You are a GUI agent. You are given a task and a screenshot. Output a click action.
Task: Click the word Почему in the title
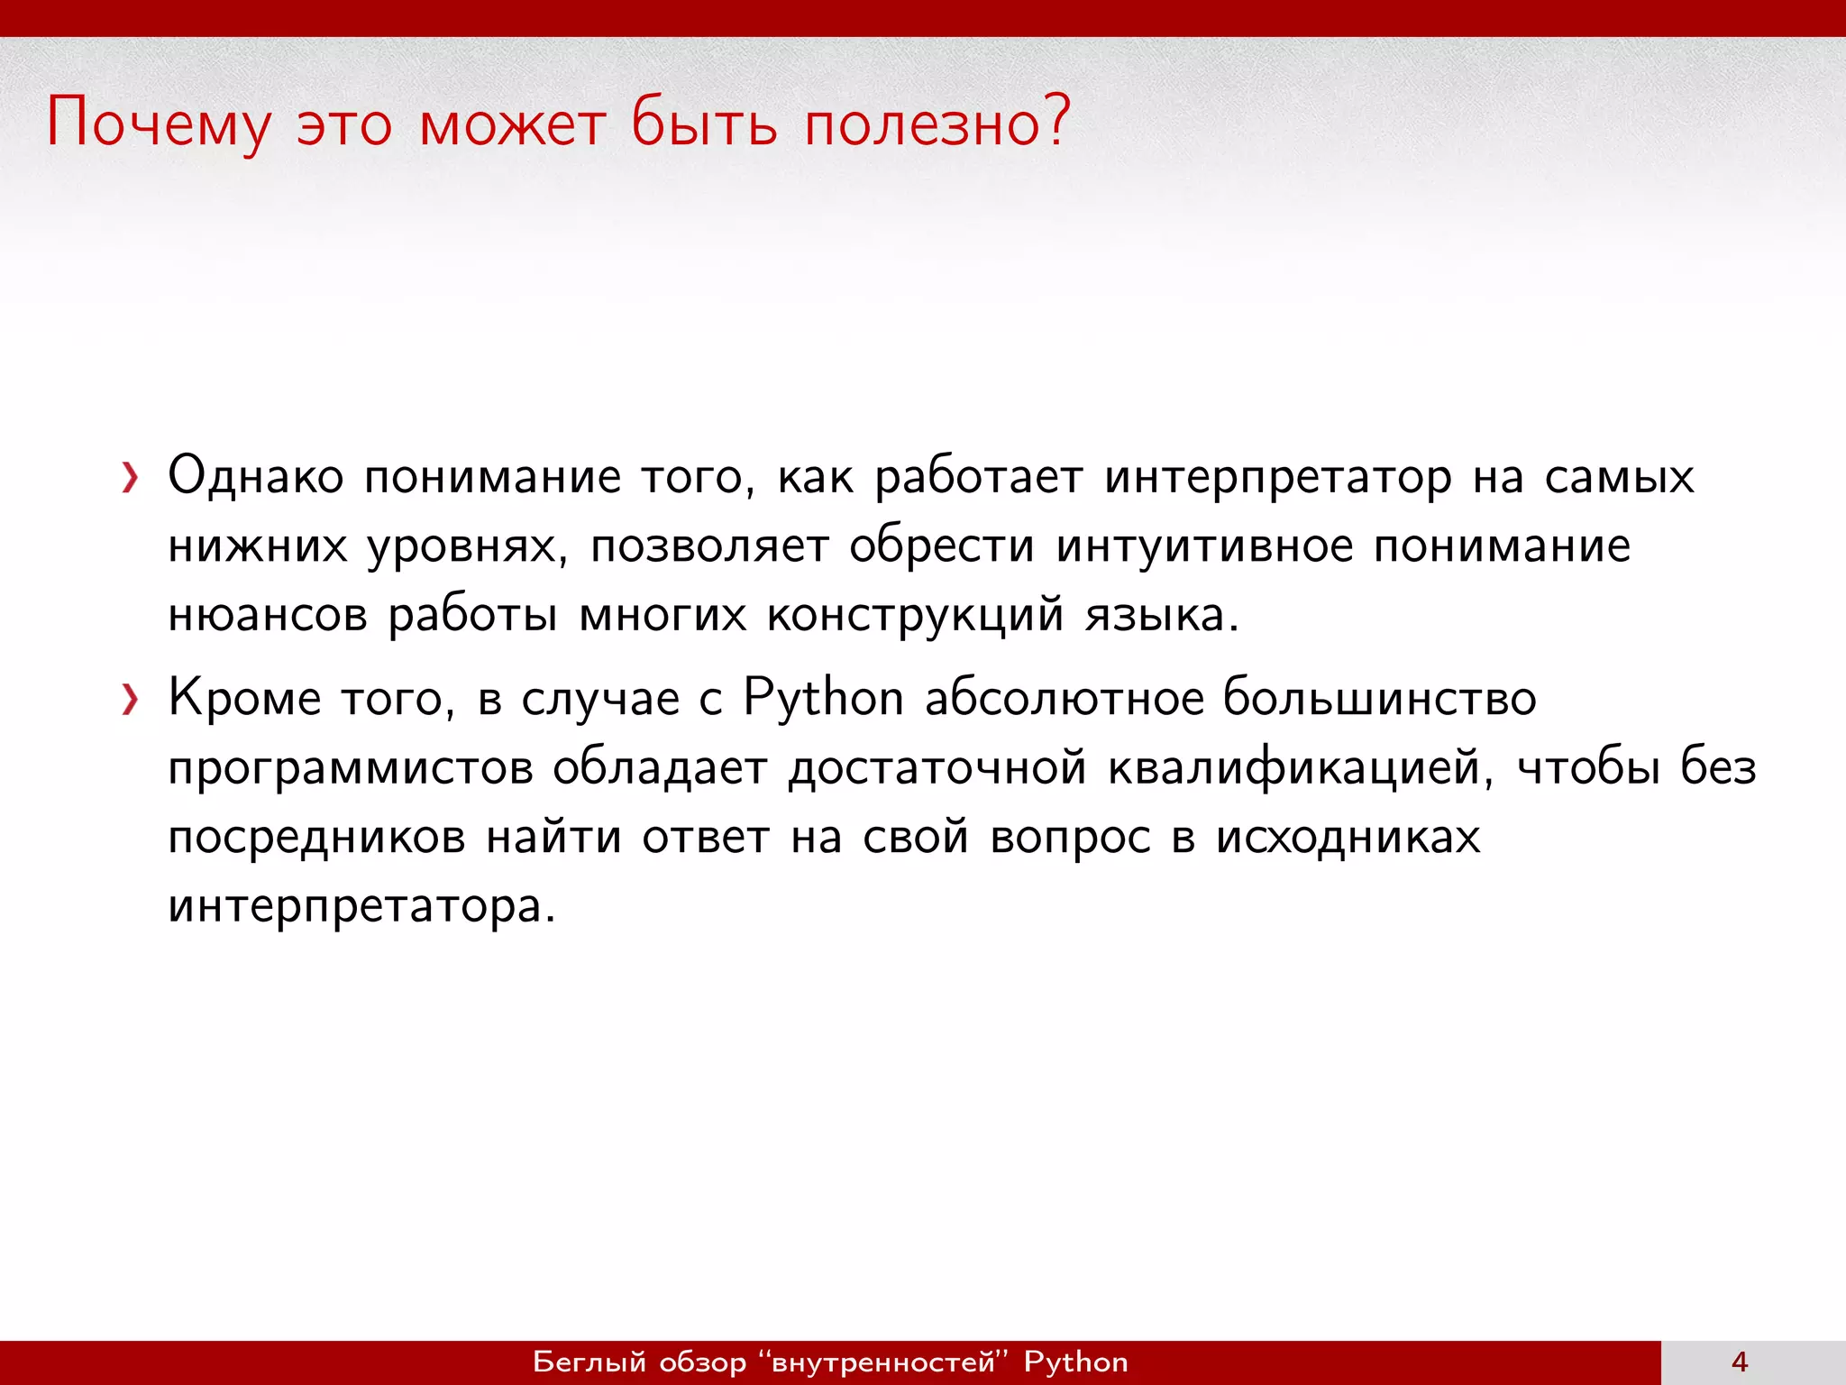(159, 124)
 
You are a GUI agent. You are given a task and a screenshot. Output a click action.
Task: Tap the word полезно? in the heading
(937, 122)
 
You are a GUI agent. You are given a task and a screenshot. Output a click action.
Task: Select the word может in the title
(512, 124)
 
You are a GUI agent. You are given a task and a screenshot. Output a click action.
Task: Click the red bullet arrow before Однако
(131, 478)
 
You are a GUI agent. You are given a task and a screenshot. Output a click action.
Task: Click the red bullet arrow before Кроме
(131, 699)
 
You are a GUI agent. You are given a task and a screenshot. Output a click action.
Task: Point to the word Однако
(256, 476)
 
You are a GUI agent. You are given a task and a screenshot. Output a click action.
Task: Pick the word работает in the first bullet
(979, 478)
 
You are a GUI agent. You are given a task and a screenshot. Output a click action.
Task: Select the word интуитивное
(1204, 546)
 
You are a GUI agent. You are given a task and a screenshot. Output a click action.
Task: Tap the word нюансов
(268, 616)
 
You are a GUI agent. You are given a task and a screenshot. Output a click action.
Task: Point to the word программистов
(351, 769)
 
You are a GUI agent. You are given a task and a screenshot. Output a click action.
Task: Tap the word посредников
(316, 839)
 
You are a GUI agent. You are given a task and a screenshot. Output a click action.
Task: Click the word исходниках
(1348, 837)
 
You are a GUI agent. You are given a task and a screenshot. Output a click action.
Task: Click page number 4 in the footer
(1740, 1362)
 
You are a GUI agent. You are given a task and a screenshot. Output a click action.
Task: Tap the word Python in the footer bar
(1075, 1362)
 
